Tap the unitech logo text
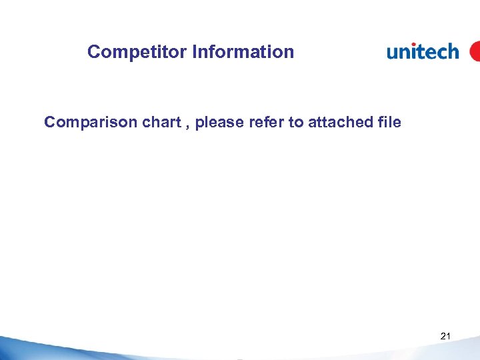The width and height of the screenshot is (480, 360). pos(423,51)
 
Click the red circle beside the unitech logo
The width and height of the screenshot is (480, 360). pos(475,51)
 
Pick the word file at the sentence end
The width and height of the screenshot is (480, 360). pos(387,123)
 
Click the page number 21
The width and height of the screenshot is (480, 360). pos(445,337)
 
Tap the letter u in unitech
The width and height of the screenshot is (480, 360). pos(393,53)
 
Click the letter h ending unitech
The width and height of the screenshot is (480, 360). pos(453,51)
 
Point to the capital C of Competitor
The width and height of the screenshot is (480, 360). pos(93,52)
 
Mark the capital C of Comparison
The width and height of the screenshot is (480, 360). pos(50,123)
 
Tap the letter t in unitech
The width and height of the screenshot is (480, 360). pos(419,51)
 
